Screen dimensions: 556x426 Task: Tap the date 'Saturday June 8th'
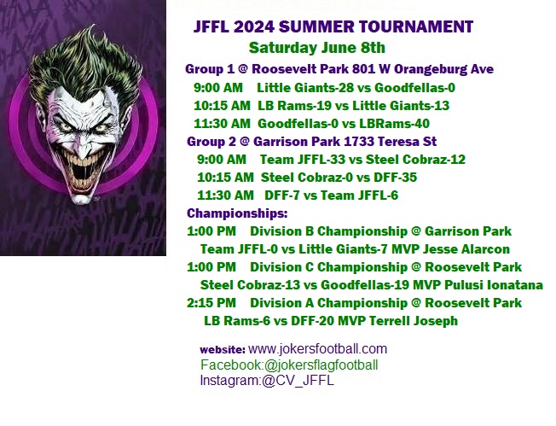tap(316, 48)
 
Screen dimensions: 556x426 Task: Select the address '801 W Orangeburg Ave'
tap(423, 69)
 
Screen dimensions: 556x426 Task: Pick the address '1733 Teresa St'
tap(390, 142)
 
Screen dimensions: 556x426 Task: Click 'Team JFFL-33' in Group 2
tap(303, 160)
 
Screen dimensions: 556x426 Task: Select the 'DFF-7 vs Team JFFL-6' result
tap(331, 195)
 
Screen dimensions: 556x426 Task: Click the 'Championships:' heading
tap(237, 213)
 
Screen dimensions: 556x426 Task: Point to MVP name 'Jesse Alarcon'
tap(466, 249)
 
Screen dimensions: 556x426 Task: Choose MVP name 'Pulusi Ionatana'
tap(494, 285)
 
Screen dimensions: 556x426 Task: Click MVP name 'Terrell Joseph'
tap(414, 321)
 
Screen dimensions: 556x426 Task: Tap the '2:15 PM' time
tap(211, 303)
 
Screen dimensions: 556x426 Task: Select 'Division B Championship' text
tap(328, 231)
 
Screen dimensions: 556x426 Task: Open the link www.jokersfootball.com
tap(318, 349)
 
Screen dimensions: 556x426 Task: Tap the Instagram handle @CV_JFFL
tap(298, 381)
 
